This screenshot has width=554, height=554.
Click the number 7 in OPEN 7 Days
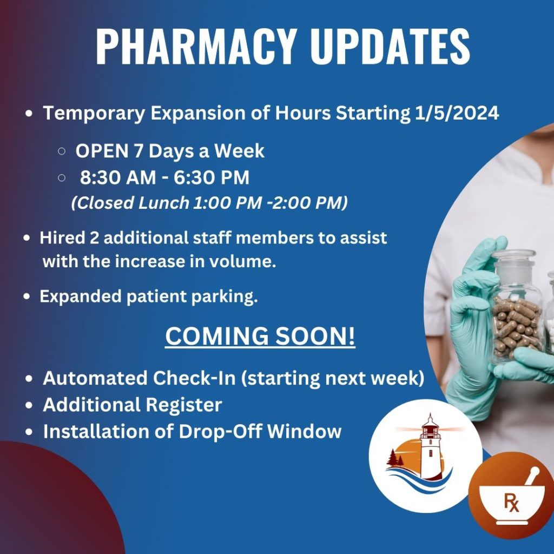tap(138, 151)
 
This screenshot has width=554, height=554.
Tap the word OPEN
tap(101, 151)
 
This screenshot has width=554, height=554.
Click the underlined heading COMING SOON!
tap(260, 336)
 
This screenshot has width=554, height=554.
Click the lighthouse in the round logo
tap(430, 446)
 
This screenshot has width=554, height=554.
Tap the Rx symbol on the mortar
tap(511, 503)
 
